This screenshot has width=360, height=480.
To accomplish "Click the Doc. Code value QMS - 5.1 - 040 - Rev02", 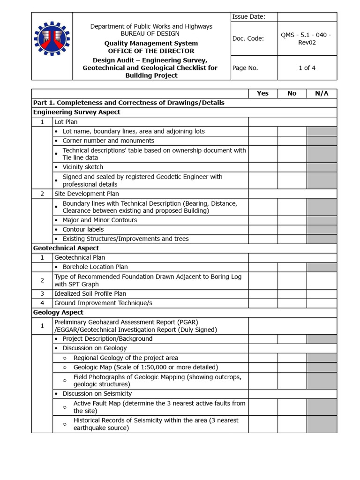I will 307,38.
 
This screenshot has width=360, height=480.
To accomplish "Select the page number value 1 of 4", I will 307,68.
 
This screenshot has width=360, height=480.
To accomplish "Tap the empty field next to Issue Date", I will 307,17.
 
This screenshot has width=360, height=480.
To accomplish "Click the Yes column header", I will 262,93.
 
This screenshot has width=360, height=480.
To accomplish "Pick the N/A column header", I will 322,93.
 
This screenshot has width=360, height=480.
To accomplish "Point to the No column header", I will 292,93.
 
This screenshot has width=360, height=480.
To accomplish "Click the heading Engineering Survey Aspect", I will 76,112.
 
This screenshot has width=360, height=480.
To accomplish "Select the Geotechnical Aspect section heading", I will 66,248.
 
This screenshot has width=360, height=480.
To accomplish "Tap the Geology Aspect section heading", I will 58,312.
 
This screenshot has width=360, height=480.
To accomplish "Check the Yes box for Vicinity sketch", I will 262,167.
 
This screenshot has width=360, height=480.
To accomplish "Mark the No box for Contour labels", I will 292,229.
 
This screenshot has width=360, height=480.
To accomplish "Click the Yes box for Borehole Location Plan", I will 262,267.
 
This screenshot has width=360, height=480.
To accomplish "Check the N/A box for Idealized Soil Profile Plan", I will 322,293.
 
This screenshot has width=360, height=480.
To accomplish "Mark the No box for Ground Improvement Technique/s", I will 292,303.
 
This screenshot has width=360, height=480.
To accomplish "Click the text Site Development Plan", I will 87,194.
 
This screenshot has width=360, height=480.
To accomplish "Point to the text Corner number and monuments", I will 108,141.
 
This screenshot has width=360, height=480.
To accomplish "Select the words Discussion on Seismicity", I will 97,394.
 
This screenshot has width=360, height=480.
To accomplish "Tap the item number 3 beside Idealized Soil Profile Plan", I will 42,293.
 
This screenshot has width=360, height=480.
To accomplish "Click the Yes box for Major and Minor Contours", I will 262,220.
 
